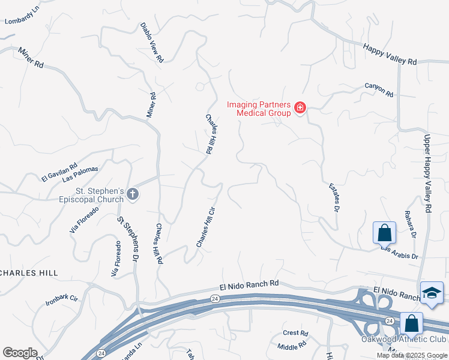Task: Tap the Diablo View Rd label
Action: (152, 43)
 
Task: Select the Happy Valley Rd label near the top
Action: (390, 53)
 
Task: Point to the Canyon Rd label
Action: (379, 90)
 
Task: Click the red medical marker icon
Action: (300, 109)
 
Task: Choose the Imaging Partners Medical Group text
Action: (259, 108)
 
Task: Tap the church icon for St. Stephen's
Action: (133, 194)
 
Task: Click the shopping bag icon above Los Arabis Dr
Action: (384, 232)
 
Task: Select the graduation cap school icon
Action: (432, 293)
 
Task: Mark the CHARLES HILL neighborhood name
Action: (29, 272)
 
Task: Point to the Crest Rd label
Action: (295, 333)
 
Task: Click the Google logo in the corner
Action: (20, 353)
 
